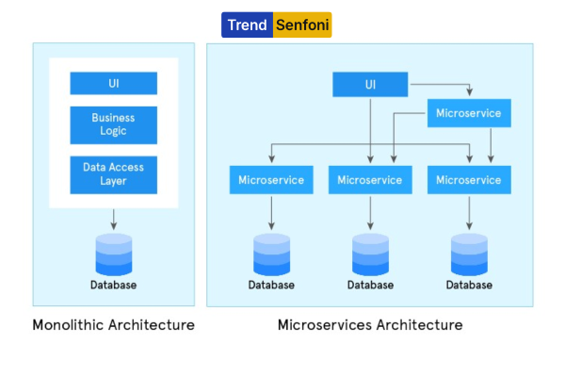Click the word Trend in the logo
pos(247,25)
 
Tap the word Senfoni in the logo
pos(302,25)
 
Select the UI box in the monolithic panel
pos(114,83)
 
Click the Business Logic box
pos(114,125)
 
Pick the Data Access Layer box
pos(114,175)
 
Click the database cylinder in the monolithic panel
pos(114,254)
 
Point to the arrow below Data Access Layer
pos(114,220)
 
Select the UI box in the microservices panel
pos(370,85)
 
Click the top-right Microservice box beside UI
pos(469,113)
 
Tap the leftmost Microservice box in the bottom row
pos(271,180)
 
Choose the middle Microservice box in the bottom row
pos(370,180)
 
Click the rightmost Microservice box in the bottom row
pos(469,180)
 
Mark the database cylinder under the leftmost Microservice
pos(272,254)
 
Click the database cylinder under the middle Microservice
pos(370,254)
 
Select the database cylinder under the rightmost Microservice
pos(469,254)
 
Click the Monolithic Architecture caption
pos(114,325)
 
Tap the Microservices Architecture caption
pos(370,325)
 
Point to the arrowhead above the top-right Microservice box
pos(469,92)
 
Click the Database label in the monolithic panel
pos(114,285)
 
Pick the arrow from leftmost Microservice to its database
pos(272,213)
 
